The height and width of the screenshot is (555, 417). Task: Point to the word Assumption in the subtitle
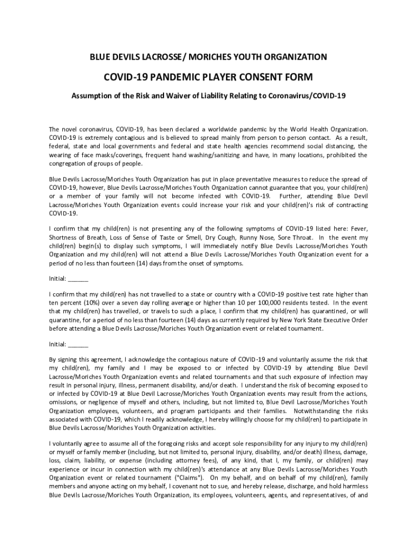93,95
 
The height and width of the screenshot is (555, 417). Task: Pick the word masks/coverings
106,155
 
